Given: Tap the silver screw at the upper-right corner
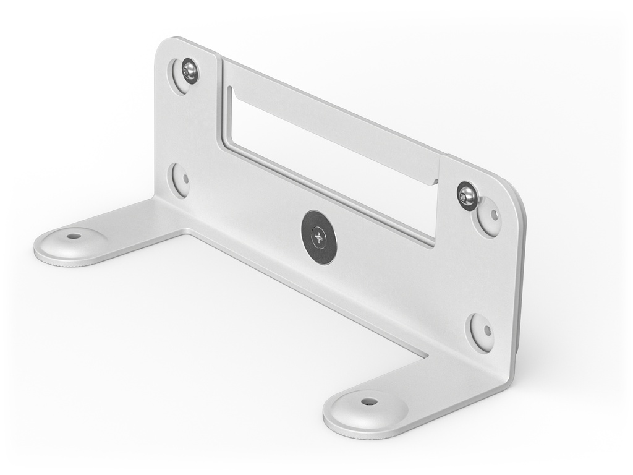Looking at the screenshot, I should click(467, 196).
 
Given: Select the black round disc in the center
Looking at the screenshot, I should click(319, 237).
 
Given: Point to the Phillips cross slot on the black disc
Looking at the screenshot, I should click(319, 237).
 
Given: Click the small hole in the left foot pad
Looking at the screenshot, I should click(74, 236).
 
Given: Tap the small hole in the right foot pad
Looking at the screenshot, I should click(369, 401).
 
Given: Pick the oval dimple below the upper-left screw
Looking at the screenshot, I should click(181, 180).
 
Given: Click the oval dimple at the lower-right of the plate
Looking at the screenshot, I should click(482, 332).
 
